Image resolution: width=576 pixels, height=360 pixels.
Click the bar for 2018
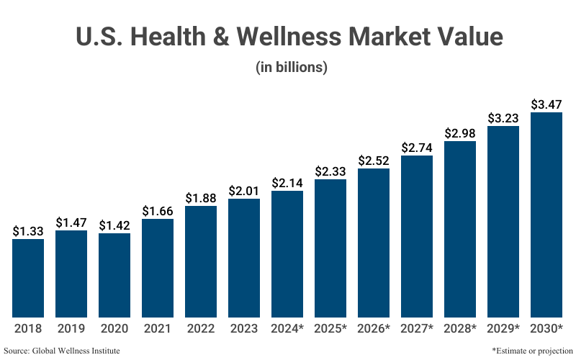tap(28, 278)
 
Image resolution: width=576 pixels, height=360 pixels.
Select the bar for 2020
tap(114, 275)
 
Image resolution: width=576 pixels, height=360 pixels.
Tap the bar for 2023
tap(244, 258)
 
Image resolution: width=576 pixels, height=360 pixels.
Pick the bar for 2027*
tap(417, 236)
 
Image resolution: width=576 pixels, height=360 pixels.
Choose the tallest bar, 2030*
tap(546, 215)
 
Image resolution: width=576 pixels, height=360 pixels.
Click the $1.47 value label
tap(71, 222)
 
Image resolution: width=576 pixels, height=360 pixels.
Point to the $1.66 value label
tap(158, 211)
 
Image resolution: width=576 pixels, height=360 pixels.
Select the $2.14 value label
tap(287, 183)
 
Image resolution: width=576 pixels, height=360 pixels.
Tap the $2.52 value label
tap(374, 161)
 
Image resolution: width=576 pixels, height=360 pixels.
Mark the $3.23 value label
tap(503, 118)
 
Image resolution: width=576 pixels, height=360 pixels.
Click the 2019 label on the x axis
tap(71, 328)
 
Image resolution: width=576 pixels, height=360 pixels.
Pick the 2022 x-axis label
tap(201, 328)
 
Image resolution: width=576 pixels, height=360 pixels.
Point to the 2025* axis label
tap(330, 328)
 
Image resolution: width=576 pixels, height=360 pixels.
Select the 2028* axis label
tap(460, 328)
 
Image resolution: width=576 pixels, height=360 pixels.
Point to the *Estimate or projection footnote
tap(531, 350)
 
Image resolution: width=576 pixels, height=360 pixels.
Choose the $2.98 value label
tap(460, 133)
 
